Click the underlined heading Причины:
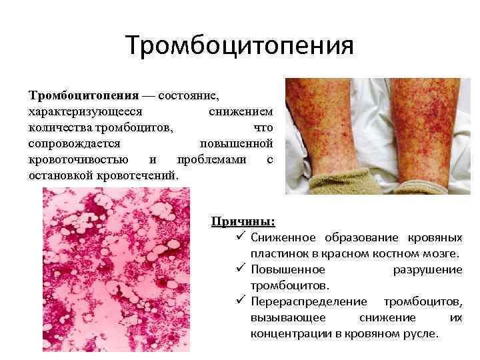[243, 222]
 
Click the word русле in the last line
[422, 333]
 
